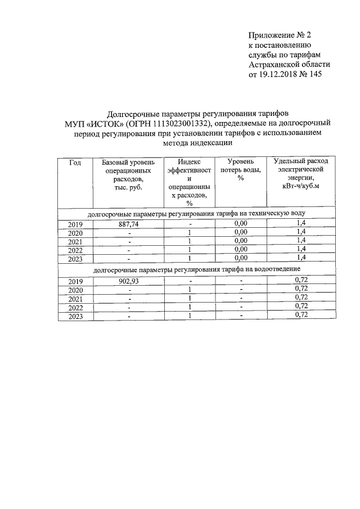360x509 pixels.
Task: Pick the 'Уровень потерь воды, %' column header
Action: point(241,169)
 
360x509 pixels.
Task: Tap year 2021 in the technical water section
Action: point(75,241)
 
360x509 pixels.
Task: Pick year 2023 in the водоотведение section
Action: point(75,317)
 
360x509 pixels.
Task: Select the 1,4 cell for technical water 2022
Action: point(300,249)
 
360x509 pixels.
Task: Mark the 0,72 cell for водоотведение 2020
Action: point(300,290)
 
